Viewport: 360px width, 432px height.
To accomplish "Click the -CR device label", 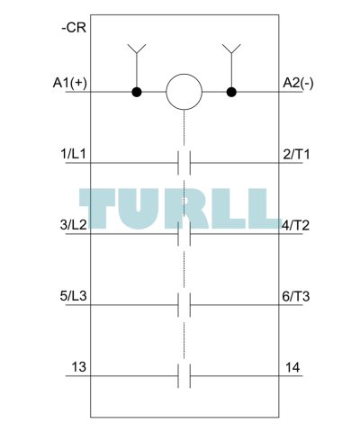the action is click(74, 28).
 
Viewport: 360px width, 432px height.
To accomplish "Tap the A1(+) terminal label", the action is click(70, 83).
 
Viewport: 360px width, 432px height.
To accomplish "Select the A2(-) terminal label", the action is click(298, 83).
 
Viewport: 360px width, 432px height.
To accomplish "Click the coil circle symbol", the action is click(184, 92).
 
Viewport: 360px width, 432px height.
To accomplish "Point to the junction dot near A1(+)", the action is click(137, 92).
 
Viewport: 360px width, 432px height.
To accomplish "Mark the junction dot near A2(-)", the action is click(231, 92).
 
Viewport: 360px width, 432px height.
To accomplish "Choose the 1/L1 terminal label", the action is click(73, 154).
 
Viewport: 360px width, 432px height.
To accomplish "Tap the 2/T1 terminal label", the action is click(296, 154).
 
